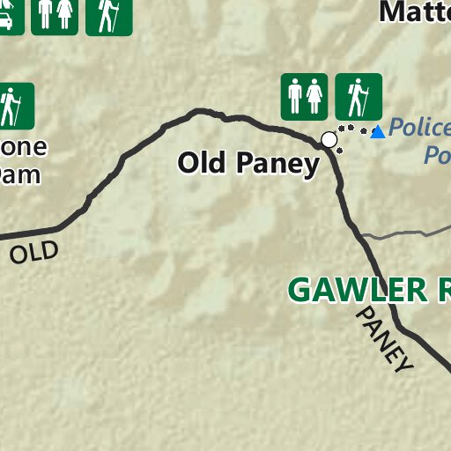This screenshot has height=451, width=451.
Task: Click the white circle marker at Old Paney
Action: tap(329, 139)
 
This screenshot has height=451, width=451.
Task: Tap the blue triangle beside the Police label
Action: tap(378, 132)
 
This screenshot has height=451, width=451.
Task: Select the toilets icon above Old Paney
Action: tap(305, 96)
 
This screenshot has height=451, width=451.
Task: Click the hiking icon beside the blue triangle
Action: tap(359, 96)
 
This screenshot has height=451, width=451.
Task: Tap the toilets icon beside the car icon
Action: tap(55, 14)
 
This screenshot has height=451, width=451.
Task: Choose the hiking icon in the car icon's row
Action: tap(109, 14)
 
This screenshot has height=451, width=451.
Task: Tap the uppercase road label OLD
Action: tap(35, 253)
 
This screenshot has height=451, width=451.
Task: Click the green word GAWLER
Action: tap(357, 290)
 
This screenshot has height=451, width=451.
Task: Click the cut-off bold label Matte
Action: tap(414, 12)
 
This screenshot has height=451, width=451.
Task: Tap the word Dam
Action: tap(19, 173)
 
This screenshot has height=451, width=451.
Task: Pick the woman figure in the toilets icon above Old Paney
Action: tap(315, 96)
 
